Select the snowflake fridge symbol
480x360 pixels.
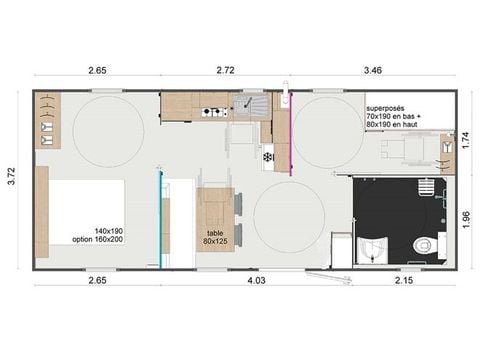267,156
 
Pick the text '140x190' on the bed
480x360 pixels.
109,230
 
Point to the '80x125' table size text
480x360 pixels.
215,241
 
